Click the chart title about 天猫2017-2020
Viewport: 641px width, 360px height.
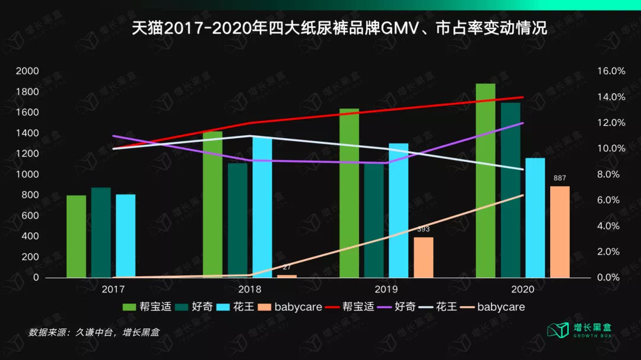point(339,28)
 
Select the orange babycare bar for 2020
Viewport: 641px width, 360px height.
point(560,232)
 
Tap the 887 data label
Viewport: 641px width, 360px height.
point(560,179)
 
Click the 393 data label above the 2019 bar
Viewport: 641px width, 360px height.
point(423,229)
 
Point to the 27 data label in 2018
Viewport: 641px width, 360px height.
point(286,267)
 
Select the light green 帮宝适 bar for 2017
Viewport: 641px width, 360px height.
point(76,236)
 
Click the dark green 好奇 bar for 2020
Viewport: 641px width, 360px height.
point(510,190)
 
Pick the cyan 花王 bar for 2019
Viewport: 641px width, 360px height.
point(398,210)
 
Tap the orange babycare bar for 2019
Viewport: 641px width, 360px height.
point(423,257)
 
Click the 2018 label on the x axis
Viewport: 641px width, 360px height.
point(249,289)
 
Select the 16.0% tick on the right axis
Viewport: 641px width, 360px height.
point(611,71)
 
